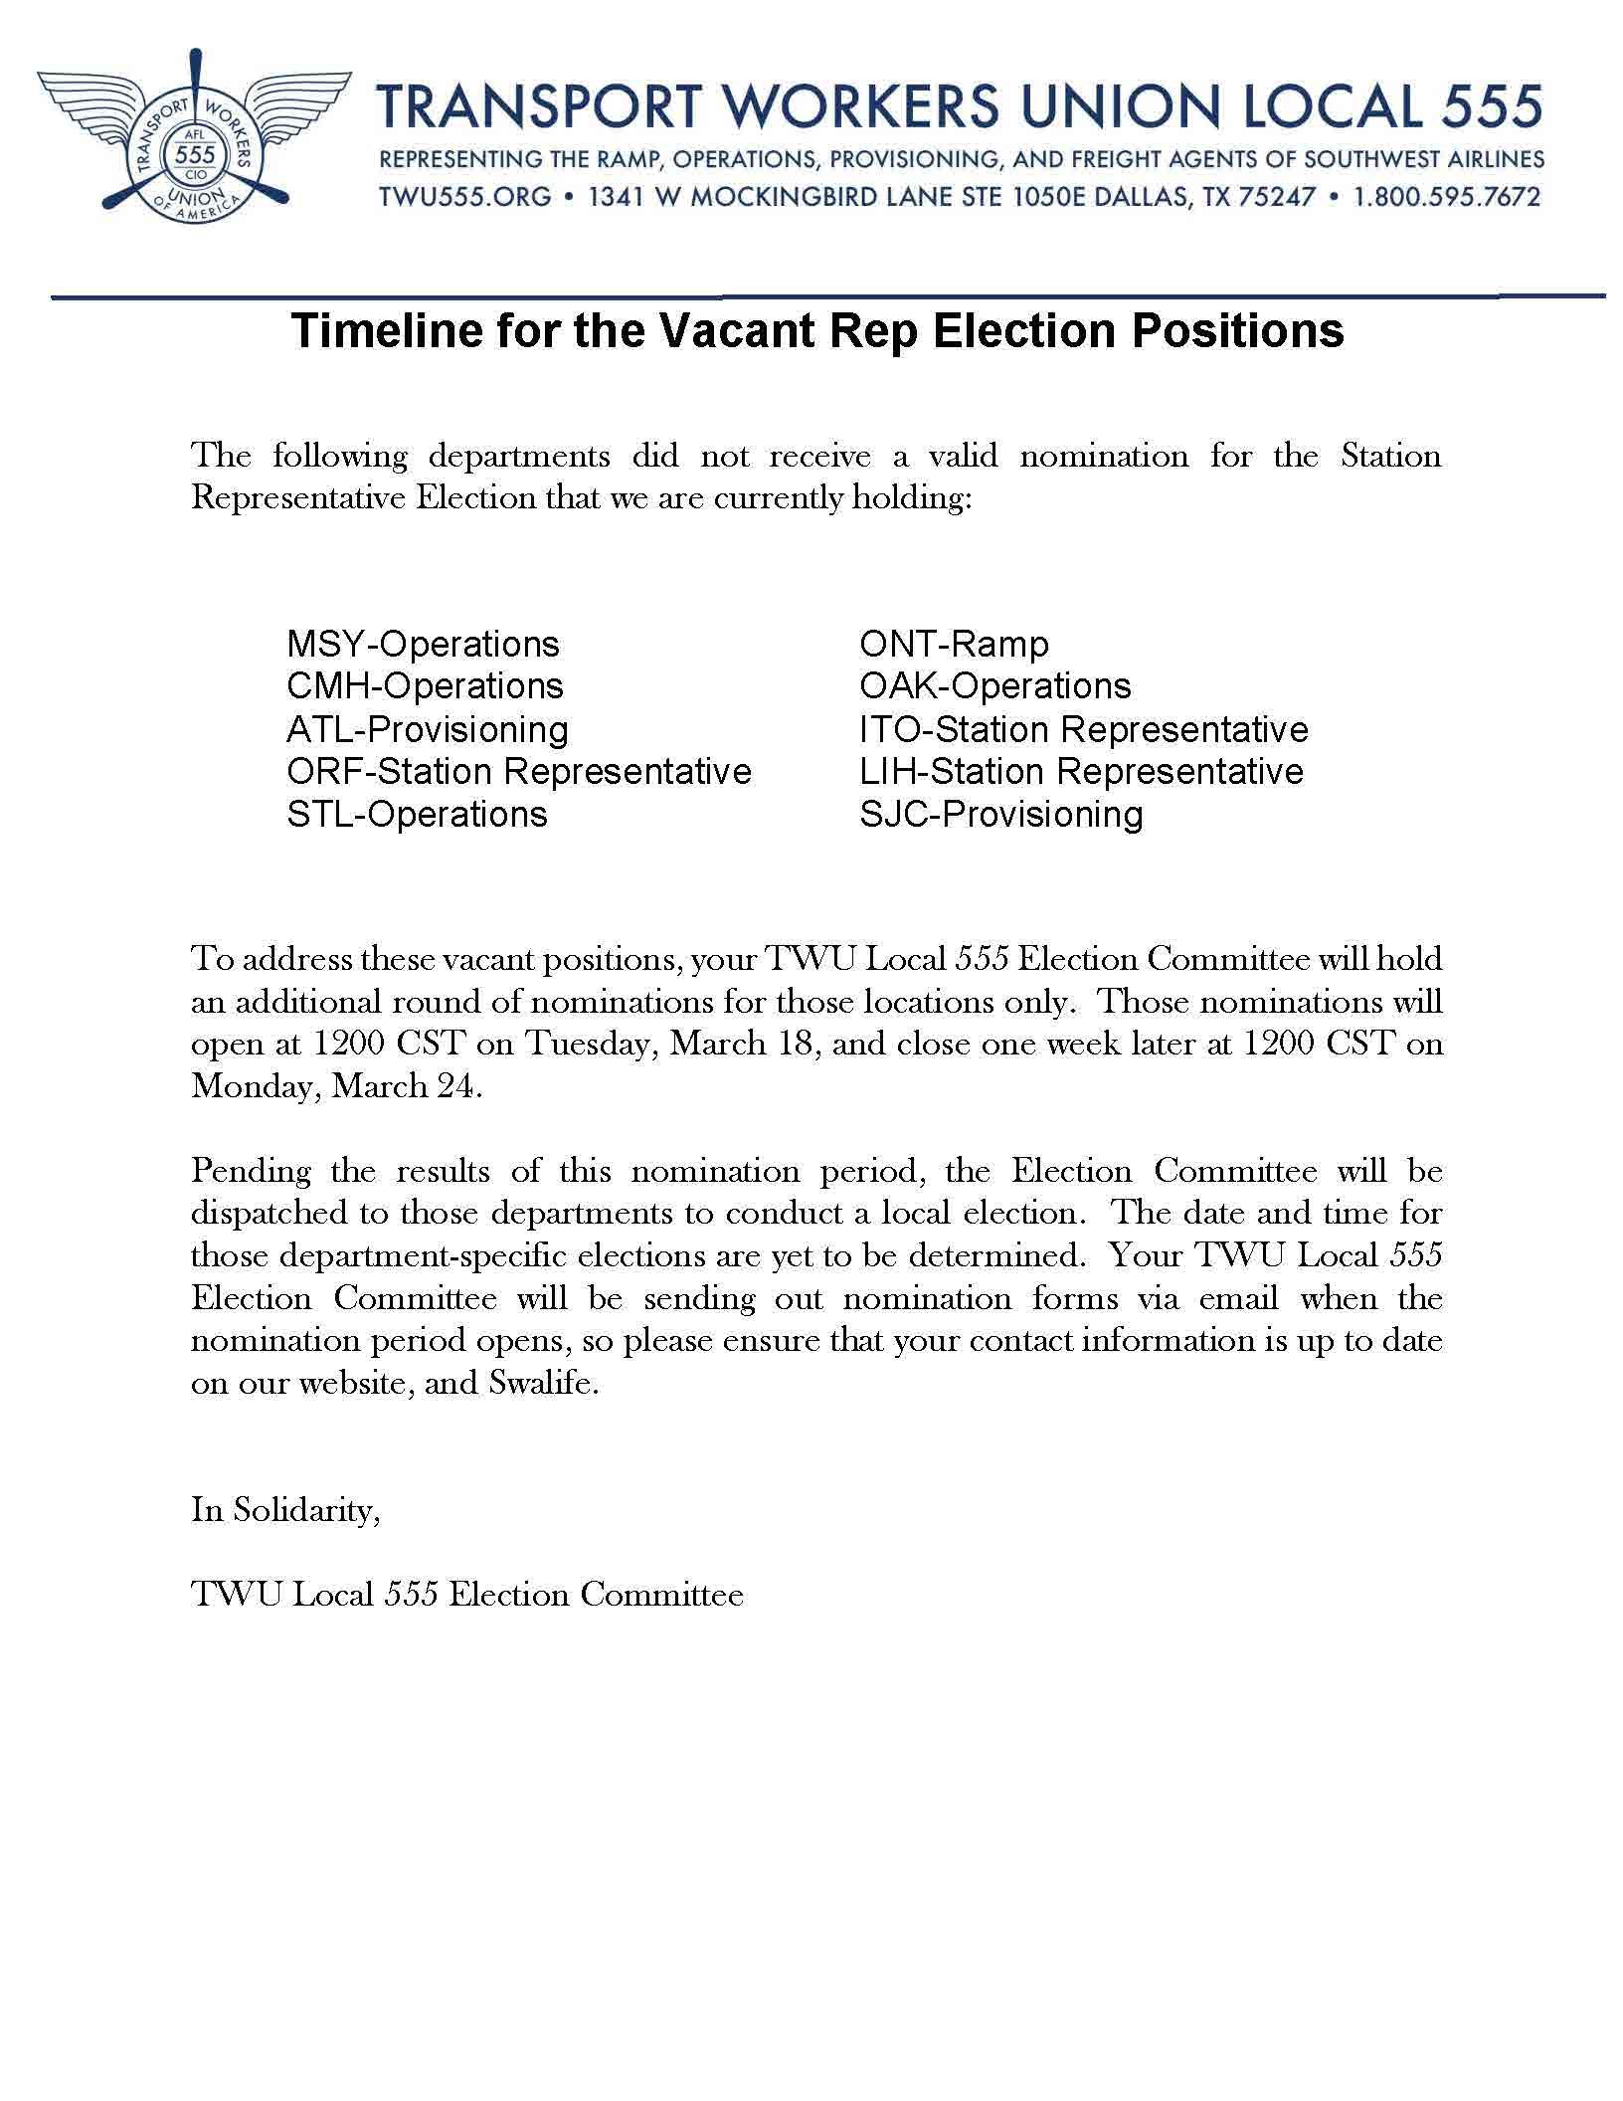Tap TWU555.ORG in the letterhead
[x=464, y=197]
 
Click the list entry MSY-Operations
[x=423, y=645]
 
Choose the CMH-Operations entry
[x=425, y=686]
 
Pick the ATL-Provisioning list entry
[x=428, y=730]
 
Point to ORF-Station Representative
[x=519, y=772]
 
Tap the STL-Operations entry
[x=417, y=815]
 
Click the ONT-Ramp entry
[x=954, y=645]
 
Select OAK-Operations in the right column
[x=995, y=686]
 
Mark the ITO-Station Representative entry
[x=1084, y=730]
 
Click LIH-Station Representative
[x=1081, y=772]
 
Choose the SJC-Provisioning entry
[x=1001, y=815]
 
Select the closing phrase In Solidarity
[x=284, y=1510]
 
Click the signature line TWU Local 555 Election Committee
[x=467, y=1595]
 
